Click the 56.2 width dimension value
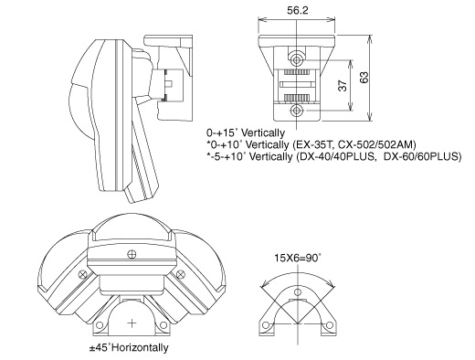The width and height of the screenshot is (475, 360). pyautogui.click(x=297, y=10)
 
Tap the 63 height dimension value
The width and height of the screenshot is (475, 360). pyautogui.click(x=364, y=78)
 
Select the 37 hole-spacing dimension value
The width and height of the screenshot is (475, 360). pyautogui.click(x=343, y=86)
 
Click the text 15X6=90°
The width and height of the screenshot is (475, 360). pyautogui.click(x=298, y=258)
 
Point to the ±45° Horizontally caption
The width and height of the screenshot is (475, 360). pyautogui.click(x=129, y=347)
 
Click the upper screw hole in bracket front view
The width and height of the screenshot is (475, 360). pyautogui.click(x=297, y=59)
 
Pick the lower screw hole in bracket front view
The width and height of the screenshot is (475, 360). pyautogui.click(x=297, y=111)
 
